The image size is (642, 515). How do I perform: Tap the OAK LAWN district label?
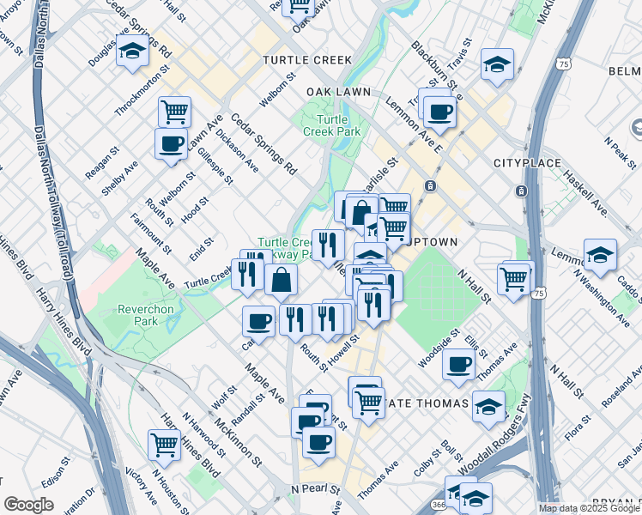(338, 91)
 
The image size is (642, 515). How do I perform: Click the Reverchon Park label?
(138, 314)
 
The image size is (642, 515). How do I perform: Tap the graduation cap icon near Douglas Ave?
(132, 53)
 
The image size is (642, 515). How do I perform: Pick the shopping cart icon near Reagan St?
(174, 111)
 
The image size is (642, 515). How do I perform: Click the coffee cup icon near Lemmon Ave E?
(440, 112)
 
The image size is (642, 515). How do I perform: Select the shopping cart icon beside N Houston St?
(164, 445)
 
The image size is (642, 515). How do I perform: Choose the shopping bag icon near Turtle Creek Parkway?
(281, 279)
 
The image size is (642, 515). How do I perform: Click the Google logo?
(28, 505)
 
